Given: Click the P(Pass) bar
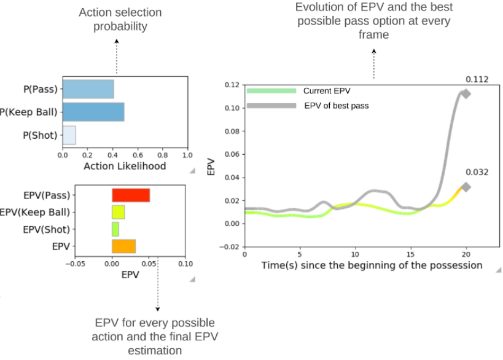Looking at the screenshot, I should pyautogui.click(x=88, y=89).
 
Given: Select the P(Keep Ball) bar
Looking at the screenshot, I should pyautogui.click(x=93, y=112).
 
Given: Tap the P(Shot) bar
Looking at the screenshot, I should pyautogui.click(x=69, y=135).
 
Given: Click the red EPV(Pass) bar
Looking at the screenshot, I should pyautogui.click(x=130, y=195).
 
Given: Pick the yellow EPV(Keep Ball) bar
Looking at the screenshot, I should pyautogui.click(x=118, y=213).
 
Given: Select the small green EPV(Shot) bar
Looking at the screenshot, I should pyautogui.click(x=115, y=229).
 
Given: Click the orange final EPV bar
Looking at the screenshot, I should pyautogui.click(x=123, y=246).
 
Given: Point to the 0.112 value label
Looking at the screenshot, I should pyautogui.click(x=477, y=79).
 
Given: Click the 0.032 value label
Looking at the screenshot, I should pyautogui.click(x=477, y=172).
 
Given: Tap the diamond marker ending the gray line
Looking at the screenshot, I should pyautogui.click(x=466, y=94).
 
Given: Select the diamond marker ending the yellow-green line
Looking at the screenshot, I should pyautogui.click(x=466, y=187).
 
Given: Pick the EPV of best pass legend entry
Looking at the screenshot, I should pyautogui.click(x=336, y=106).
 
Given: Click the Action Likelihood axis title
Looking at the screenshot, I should pyautogui.click(x=125, y=166).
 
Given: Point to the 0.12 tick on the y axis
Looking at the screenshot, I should pyautogui.click(x=232, y=84).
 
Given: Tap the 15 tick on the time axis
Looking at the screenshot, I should pyautogui.click(x=411, y=254).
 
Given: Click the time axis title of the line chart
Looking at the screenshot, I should pyautogui.click(x=372, y=265).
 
